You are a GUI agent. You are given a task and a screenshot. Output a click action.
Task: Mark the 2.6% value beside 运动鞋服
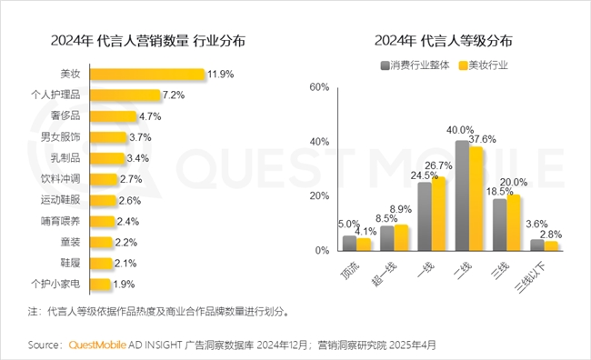[x=129, y=200]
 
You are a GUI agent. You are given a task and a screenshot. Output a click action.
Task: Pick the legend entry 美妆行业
[x=487, y=65]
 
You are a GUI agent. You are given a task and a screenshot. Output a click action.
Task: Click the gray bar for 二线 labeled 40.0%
[x=462, y=195]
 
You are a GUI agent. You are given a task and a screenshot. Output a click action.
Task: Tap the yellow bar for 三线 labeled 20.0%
[x=513, y=223]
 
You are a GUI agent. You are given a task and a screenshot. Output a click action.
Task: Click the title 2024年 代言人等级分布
[x=442, y=41]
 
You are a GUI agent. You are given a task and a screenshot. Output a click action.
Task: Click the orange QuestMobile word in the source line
[x=99, y=345]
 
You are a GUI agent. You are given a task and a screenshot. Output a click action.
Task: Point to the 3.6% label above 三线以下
[x=536, y=224]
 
